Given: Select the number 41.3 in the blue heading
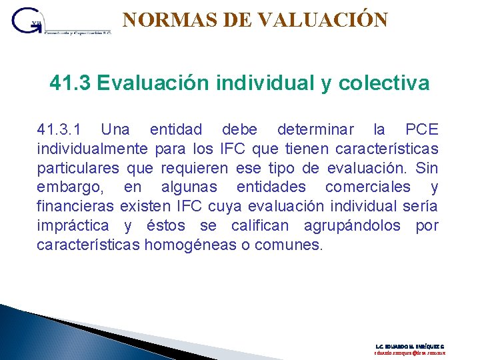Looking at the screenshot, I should (x=70, y=83).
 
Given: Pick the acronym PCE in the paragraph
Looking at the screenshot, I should (x=422, y=129).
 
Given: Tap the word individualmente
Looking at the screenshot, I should (x=92, y=148).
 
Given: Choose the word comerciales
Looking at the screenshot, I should (x=367, y=187).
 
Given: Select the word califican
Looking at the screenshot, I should (x=261, y=225).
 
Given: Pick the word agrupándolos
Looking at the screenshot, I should (x=352, y=225).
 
